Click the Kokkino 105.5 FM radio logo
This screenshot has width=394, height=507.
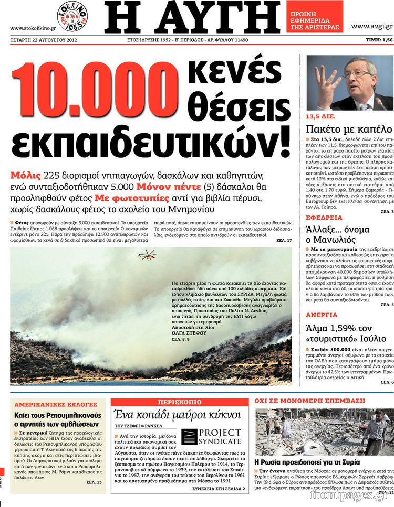click(72, 16)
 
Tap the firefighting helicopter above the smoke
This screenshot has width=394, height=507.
click(147, 255)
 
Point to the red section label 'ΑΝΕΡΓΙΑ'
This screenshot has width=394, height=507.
click(322, 315)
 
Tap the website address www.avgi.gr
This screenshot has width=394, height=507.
click(371, 26)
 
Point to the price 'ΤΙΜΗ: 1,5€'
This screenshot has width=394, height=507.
click(379, 40)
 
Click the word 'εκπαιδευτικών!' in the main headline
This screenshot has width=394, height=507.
click(150, 139)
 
